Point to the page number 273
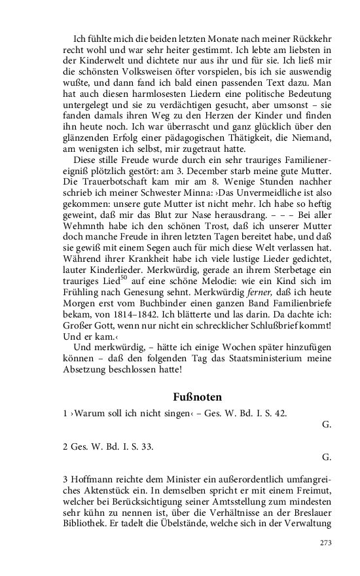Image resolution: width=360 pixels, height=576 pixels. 325,543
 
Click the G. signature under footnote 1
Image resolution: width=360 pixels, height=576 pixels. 327,424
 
